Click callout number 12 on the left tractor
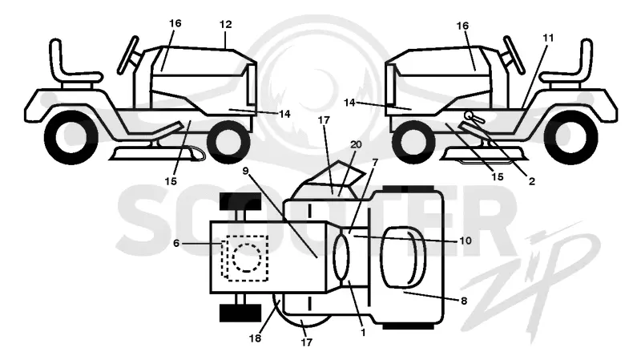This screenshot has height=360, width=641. tap(225, 25)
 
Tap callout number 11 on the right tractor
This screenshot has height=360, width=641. tap(548, 38)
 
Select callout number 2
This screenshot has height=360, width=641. tap(531, 181)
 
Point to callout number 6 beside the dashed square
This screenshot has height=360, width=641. tap(176, 244)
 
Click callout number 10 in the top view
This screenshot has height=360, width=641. tap(466, 241)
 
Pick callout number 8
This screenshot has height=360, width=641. tap(464, 301)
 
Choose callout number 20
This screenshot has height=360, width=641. tap(356, 144)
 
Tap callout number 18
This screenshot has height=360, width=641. tap(255, 338)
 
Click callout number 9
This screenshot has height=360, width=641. tap(245, 171)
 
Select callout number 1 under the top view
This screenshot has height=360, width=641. tap(363, 333)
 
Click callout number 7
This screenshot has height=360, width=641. tap(374, 164)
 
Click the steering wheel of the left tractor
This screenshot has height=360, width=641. tap(128, 55)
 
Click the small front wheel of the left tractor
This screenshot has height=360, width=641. tap(228, 142)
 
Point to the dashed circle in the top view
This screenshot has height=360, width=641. tap(247, 257)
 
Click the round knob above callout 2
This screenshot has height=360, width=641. tap(468, 115)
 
